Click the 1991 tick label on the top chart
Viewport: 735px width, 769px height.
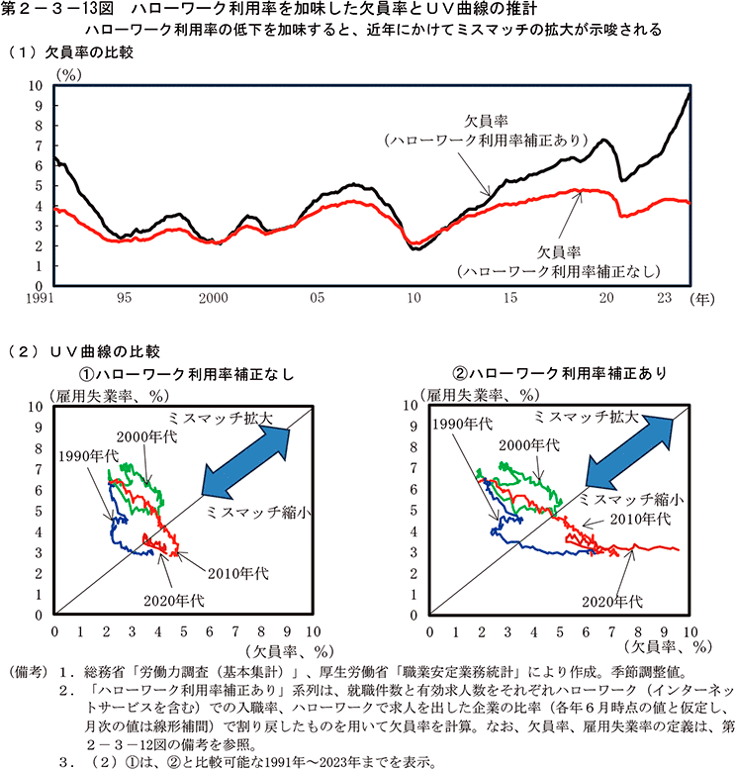tap(39, 297)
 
